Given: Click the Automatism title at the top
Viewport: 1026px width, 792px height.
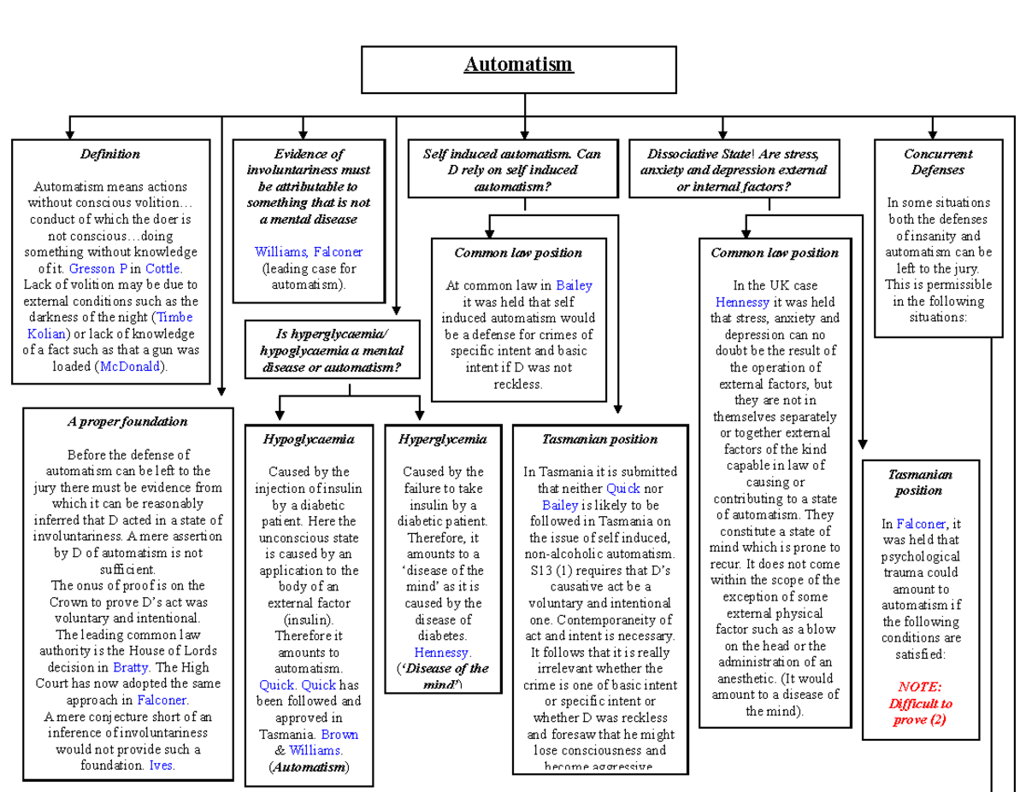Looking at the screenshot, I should coord(518,66).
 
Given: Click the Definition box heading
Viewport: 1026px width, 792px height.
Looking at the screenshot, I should coord(110,155).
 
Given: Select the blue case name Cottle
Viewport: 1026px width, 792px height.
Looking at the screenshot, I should coord(162,268).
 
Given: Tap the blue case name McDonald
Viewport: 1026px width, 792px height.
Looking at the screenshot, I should coord(132,367).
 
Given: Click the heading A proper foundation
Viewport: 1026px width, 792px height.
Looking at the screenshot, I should coord(127,422).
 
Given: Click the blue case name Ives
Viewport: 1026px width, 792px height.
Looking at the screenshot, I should coord(162,766).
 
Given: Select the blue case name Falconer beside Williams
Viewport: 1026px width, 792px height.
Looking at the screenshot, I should coord(338,252).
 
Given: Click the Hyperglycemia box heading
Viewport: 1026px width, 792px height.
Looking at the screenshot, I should coord(442,439).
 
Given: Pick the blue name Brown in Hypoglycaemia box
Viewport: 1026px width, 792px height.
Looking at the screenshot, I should coord(340,734).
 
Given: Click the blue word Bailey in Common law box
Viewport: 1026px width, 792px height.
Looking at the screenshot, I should coord(574,285).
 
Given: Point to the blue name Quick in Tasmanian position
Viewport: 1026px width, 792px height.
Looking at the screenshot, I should coord(622,489).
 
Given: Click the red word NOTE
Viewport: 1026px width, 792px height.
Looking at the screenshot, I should coord(920,687).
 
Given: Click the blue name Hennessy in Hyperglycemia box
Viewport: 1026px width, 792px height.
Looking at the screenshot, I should coord(442,652).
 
